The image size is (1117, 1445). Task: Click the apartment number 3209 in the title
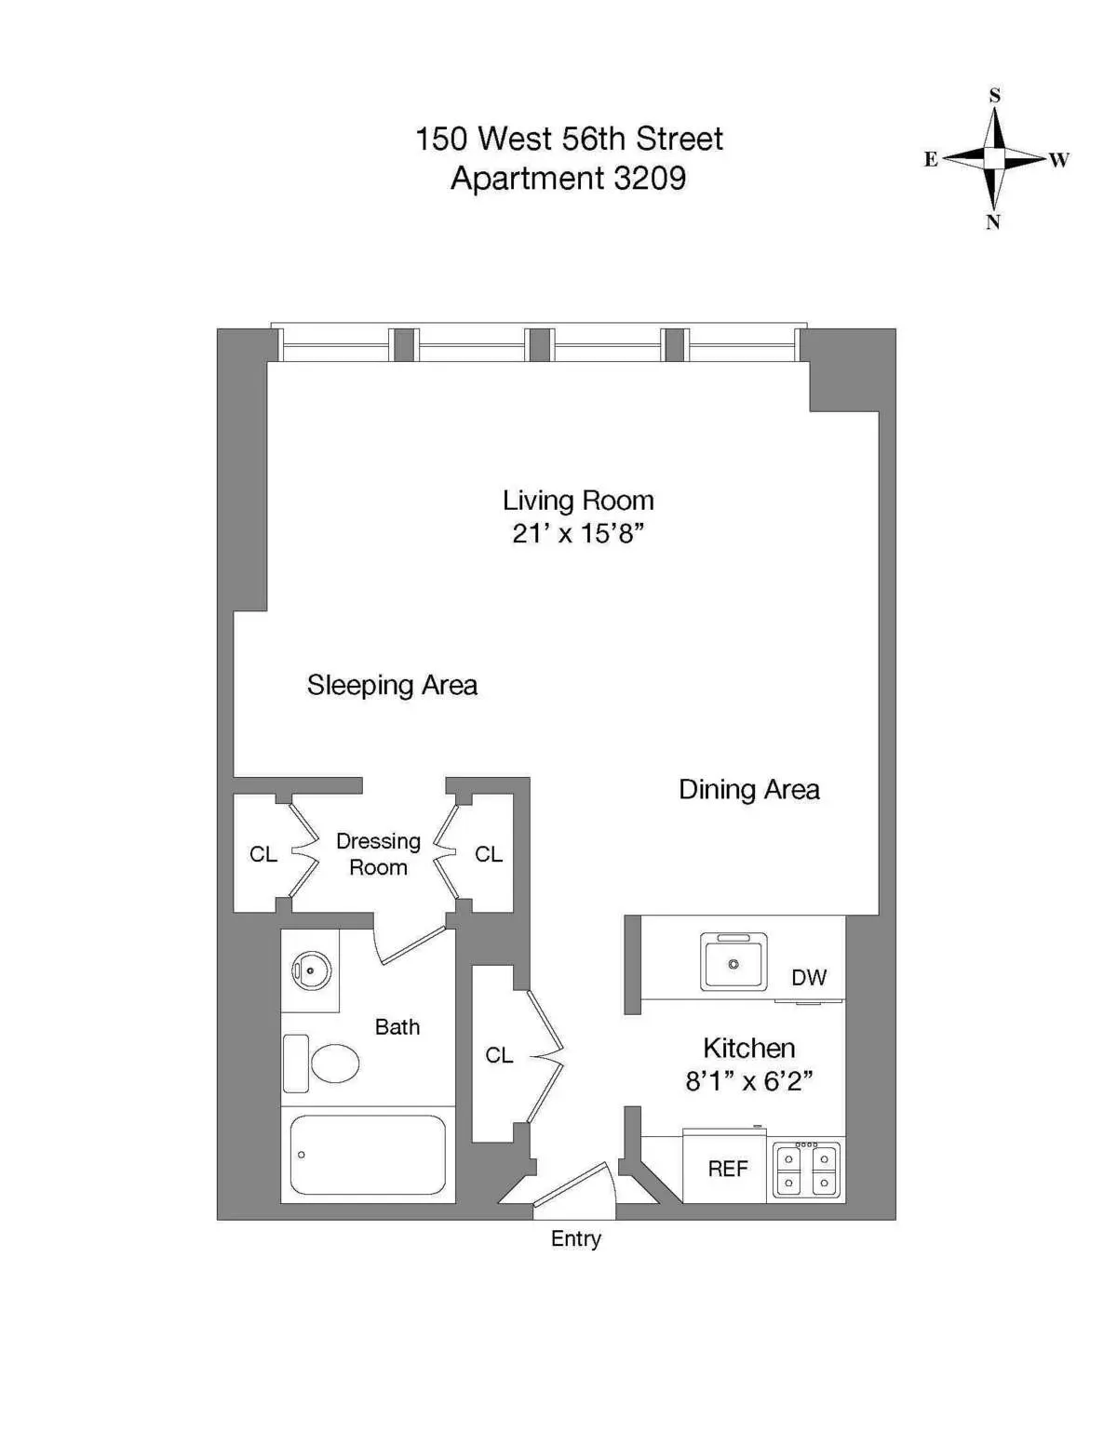(649, 178)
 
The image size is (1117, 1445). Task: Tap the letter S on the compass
(994, 96)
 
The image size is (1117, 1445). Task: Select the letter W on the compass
(1059, 160)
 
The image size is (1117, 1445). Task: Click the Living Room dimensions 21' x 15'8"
(578, 533)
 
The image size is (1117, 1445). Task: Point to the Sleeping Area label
(392, 686)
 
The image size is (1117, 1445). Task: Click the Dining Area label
(748, 790)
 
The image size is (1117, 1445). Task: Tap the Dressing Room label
(378, 854)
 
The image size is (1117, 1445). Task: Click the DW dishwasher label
(808, 977)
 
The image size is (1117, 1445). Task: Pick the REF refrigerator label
(727, 1169)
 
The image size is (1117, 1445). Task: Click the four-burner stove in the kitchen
(807, 1171)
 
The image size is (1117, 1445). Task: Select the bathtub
(368, 1155)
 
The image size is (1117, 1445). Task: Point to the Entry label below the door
(575, 1239)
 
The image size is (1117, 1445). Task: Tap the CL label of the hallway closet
(499, 1055)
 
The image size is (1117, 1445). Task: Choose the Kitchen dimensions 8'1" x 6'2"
(748, 1081)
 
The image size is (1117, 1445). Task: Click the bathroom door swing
(410, 944)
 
